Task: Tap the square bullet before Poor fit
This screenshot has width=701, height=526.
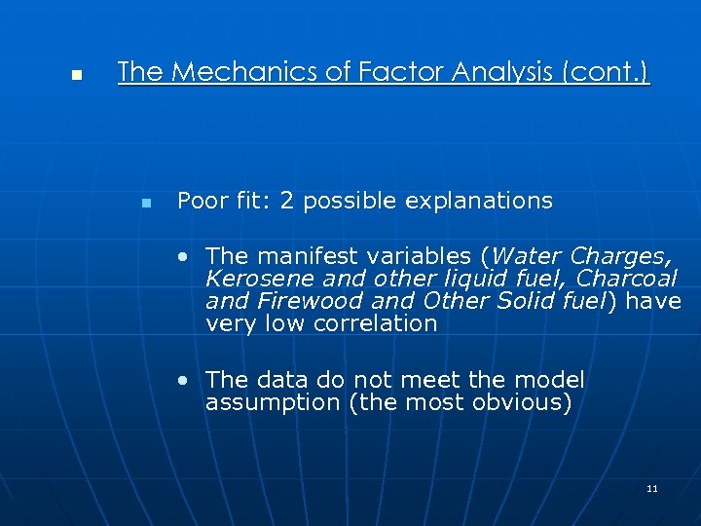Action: [x=146, y=204]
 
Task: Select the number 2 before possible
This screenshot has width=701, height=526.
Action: [x=286, y=202]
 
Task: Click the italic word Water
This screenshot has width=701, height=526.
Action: [x=527, y=257]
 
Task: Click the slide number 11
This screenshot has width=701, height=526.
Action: [x=651, y=488]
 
